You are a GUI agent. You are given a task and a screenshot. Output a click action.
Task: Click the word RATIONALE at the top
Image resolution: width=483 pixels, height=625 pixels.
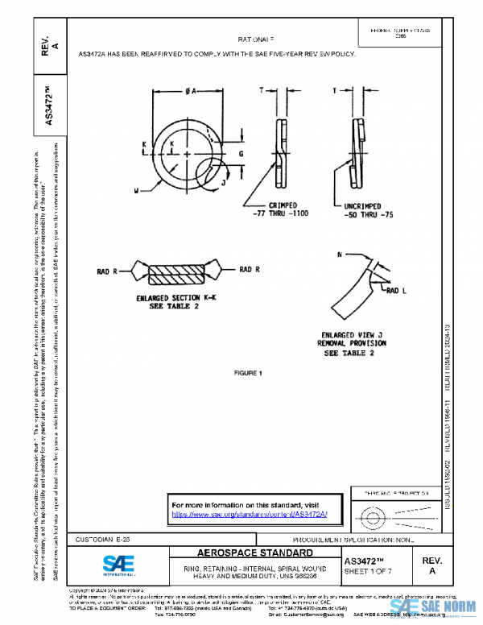click(256, 39)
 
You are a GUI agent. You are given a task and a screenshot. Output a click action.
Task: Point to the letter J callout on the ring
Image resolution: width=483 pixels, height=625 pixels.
click(223, 183)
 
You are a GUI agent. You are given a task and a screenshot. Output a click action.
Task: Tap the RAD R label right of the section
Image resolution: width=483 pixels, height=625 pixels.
click(250, 269)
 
